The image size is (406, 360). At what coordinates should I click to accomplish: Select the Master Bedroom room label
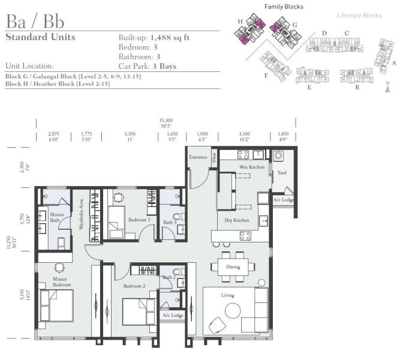[x=61, y=281]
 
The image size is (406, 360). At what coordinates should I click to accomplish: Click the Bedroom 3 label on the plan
[x=139, y=220]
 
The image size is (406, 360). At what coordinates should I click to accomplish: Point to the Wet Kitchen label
[x=252, y=167]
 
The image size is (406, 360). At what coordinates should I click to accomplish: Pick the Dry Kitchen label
[x=236, y=221]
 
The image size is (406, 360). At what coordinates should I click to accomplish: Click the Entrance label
[x=198, y=157]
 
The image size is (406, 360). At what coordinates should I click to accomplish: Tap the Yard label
[x=281, y=173]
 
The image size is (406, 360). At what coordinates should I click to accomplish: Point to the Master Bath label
[x=58, y=217]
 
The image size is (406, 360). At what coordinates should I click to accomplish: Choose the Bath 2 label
[x=168, y=277]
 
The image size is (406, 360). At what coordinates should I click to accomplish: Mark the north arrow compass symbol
[x=388, y=88]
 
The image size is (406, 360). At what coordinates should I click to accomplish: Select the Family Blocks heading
[x=284, y=7]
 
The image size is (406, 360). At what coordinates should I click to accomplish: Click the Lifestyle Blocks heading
[x=359, y=16]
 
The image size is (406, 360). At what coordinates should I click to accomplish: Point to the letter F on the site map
[x=266, y=76]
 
